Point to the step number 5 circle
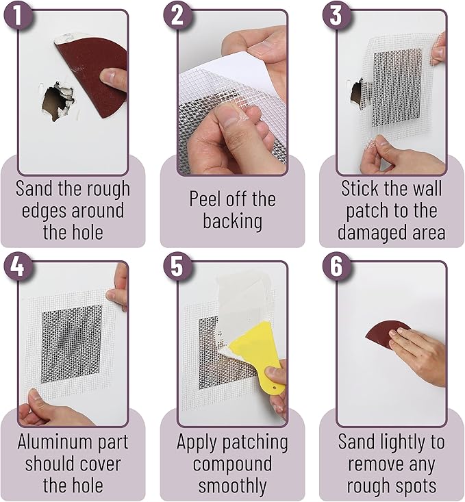(177, 267)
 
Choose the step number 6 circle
(336, 267)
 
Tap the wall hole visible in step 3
(357, 92)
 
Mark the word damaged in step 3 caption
(373, 231)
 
